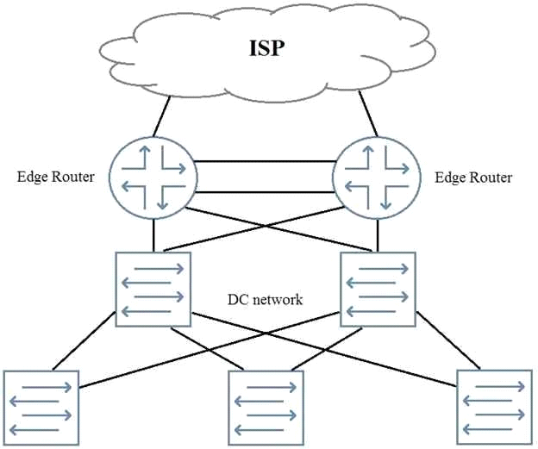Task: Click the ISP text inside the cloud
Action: click(x=266, y=48)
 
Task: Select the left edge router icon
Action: click(x=153, y=178)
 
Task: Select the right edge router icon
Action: click(x=377, y=178)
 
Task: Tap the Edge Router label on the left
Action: click(x=55, y=177)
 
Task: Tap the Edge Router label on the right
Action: click(x=473, y=178)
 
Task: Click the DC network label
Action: click(x=266, y=299)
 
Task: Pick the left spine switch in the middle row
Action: click(x=153, y=290)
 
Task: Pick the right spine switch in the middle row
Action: click(x=378, y=290)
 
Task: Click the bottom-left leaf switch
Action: click(x=41, y=408)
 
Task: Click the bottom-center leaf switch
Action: click(x=266, y=408)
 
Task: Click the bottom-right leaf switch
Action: click(x=494, y=408)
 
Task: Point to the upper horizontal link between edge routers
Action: click(x=266, y=161)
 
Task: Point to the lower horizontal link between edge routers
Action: click(x=266, y=193)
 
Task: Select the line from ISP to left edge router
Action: click(x=161, y=116)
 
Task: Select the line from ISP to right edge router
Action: click(x=368, y=114)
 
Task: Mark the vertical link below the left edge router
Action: click(x=153, y=235)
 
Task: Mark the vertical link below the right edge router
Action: click(x=378, y=235)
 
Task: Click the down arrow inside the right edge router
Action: click(x=386, y=197)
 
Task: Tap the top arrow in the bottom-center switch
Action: click(x=272, y=387)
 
